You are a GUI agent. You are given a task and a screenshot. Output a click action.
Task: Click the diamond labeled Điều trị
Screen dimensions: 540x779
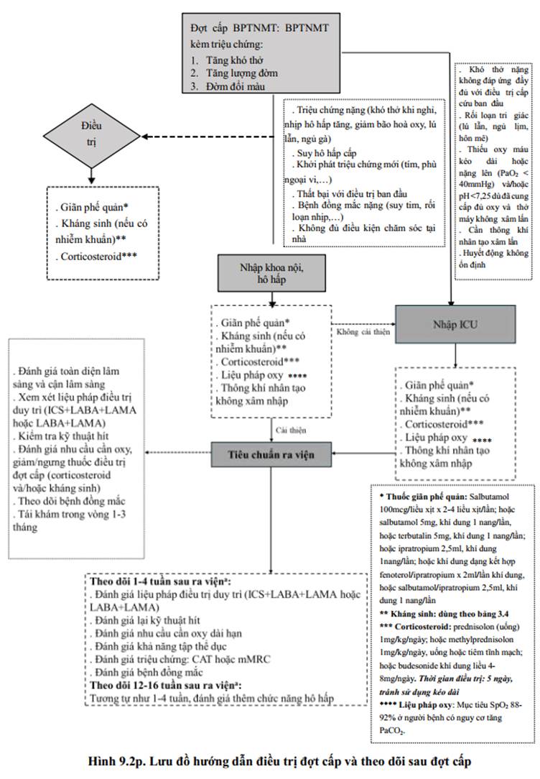tap(91, 135)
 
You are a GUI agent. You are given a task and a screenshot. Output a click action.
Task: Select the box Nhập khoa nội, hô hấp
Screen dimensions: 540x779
tap(271, 273)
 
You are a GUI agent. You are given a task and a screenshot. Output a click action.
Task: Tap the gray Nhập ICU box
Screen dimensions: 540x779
tap(455, 324)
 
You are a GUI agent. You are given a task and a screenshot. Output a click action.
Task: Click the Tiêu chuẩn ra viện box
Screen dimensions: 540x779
tap(271, 454)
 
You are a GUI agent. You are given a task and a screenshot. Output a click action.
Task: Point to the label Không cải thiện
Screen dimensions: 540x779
tap(363, 332)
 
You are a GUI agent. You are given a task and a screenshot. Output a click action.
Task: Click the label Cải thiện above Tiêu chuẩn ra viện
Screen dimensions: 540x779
tap(291, 430)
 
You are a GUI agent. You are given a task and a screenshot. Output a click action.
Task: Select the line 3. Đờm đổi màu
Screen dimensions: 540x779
tap(228, 86)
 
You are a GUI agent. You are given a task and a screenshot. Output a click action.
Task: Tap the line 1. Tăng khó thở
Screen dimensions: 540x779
tap(228, 60)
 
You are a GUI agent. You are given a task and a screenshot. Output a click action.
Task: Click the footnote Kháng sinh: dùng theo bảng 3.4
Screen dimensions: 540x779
tap(444, 614)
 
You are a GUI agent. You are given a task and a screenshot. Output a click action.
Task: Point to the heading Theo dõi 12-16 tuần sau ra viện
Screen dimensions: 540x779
tap(166, 685)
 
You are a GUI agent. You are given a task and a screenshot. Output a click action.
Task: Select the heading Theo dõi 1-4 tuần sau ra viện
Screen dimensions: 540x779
tap(160, 581)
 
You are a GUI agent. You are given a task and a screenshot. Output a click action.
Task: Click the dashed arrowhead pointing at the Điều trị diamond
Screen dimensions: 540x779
tap(146, 136)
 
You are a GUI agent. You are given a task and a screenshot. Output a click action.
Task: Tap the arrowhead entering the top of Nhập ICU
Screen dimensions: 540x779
tap(451, 302)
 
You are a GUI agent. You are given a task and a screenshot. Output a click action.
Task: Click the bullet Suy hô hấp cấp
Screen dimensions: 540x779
tap(324, 153)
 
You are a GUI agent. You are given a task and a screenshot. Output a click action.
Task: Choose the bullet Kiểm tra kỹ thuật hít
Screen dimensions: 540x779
tap(61, 436)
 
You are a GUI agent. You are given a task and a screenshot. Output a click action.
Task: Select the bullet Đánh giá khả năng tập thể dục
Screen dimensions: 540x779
tap(158, 646)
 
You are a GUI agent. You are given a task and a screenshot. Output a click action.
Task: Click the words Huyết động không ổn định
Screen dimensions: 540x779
tap(493, 259)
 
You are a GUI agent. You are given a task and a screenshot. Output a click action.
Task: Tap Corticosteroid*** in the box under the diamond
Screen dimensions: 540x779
tap(96, 257)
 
